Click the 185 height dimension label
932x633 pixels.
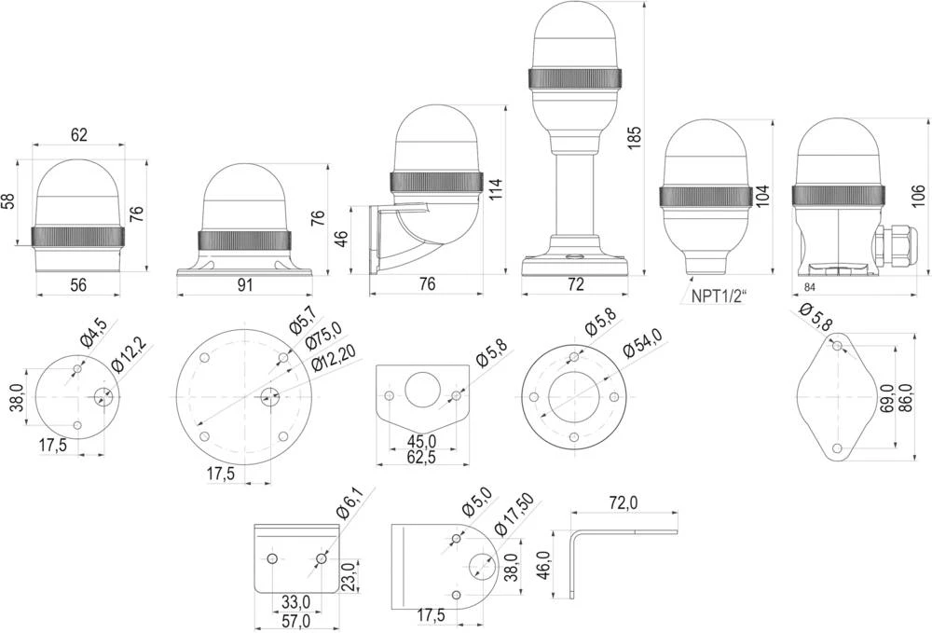(635, 135)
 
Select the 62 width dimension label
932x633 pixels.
(78, 135)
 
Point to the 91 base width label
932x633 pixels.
(244, 285)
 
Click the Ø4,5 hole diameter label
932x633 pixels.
(93, 333)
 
